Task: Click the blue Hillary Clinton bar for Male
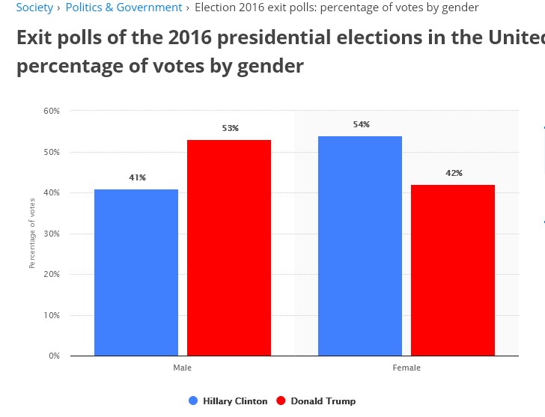coord(136,273)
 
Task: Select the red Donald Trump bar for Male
coord(229,248)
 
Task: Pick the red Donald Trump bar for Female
coord(453,270)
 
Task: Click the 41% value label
coord(137,178)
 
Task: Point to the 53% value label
coord(230,129)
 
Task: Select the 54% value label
coord(362,125)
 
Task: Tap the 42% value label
coord(454,174)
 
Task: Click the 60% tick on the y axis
coord(51,112)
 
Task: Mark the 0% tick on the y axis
coord(53,356)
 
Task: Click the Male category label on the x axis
coord(182,368)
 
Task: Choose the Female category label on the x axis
coord(407,368)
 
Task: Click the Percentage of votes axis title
coord(32,233)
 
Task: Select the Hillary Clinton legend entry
coord(234,401)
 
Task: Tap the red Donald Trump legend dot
coord(281,401)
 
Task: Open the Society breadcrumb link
coord(34,7)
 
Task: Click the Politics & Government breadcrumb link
coord(124,7)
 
